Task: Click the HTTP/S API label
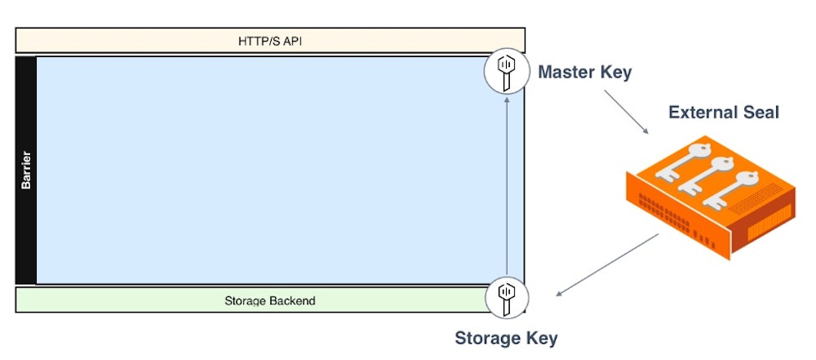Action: (x=270, y=40)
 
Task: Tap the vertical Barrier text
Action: (x=26, y=170)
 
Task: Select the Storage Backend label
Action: (x=270, y=300)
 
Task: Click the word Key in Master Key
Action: (x=617, y=72)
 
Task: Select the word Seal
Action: (x=762, y=112)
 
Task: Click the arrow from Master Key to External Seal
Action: (x=627, y=113)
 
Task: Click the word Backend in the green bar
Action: (x=293, y=300)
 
